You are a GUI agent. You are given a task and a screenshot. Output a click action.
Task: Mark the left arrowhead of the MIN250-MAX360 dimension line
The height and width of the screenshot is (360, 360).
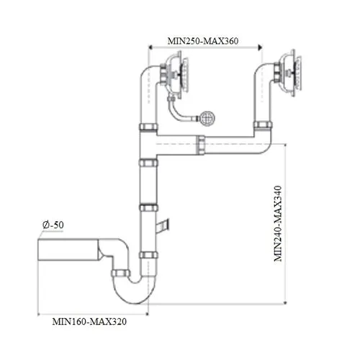tap(150, 48)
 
